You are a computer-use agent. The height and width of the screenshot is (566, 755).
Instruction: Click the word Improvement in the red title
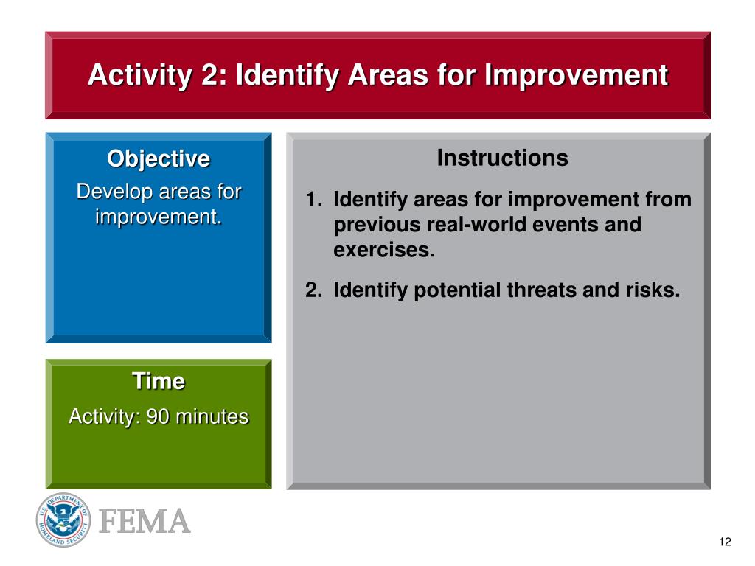click(577, 75)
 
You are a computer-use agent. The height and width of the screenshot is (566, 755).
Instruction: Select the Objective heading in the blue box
click(159, 159)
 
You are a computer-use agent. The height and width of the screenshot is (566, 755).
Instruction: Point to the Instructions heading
click(502, 158)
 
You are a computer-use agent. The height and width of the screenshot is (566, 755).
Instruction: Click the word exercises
click(383, 250)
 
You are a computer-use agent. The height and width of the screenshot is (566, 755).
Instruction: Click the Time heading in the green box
click(159, 381)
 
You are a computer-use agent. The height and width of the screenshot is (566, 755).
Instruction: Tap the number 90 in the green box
click(158, 417)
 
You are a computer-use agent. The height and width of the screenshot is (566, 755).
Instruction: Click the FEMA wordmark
click(145, 521)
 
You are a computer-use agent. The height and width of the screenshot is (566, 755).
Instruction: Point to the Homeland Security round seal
click(63, 520)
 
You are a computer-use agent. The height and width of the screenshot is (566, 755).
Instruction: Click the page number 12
click(726, 542)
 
